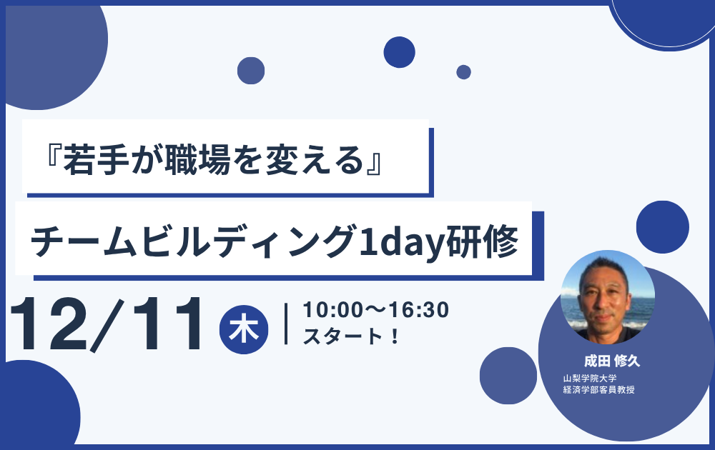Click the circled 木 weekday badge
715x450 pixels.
pyautogui.click(x=244, y=330)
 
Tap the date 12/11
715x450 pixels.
pyautogui.click(x=106, y=325)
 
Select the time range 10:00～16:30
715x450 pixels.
pyautogui.click(x=376, y=310)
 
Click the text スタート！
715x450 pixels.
pyautogui.click(x=351, y=336)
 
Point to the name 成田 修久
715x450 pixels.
pyautogui.click(x=612, y=361)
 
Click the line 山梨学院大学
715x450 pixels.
pyautogui.click(x=590, y=379)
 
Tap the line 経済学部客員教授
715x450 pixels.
pyautogui.click(x=598, y=390)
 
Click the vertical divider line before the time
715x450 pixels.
pyautogui.click(x=286, y=324)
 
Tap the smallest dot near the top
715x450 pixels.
pyautogui.click(x=464, y=72)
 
